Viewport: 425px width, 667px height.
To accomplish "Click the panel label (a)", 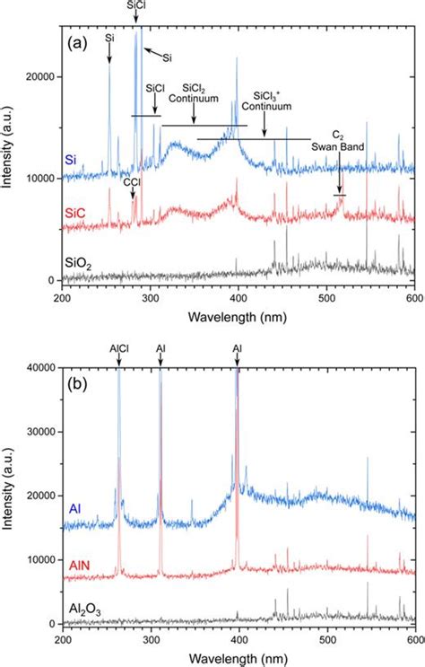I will (x=78, y=42).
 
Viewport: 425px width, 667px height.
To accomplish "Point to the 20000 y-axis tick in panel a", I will (x=39, y=78).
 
